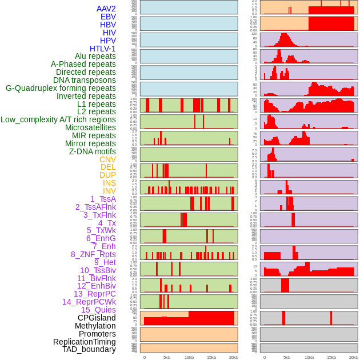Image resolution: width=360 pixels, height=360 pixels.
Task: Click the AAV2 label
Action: coord(106,9)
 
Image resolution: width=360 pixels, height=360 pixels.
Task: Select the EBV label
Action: coord(108,17)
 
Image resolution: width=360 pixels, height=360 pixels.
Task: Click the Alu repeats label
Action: coord(95,56)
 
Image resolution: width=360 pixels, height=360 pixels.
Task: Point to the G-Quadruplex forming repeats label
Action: coord(61,88)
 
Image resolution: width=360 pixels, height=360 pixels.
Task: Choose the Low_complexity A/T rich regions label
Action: coord(58,119)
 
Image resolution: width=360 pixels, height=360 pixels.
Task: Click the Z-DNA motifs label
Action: coord(92,151)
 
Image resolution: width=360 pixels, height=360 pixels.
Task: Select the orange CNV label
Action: coord(107,159)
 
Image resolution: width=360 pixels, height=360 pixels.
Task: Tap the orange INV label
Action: coord(109,191)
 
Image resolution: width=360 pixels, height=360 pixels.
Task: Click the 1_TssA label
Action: coord(103,199)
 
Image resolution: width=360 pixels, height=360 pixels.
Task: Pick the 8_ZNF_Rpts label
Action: coord(93,254)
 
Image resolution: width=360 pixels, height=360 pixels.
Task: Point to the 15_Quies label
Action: coord(98,310)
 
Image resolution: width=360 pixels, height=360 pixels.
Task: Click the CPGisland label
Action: coord(97,318)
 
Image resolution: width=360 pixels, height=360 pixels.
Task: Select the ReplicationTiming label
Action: coord(84,342)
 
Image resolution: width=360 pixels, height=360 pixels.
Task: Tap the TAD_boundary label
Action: coord(89,349)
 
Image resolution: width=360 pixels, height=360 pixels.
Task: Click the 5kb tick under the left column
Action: coord(167,357)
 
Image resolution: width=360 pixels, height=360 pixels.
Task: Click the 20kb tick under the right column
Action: coord(353,357)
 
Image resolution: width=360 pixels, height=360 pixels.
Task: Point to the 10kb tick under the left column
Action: coord(189,357)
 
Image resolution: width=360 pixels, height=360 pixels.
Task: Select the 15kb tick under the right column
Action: coord(331,357)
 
